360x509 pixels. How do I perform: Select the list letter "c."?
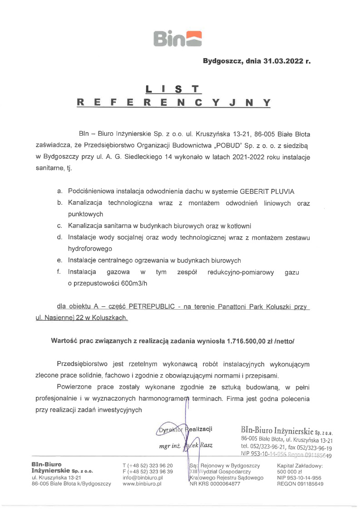click(59, 225)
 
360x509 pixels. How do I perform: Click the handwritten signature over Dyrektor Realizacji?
click(187, 431)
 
